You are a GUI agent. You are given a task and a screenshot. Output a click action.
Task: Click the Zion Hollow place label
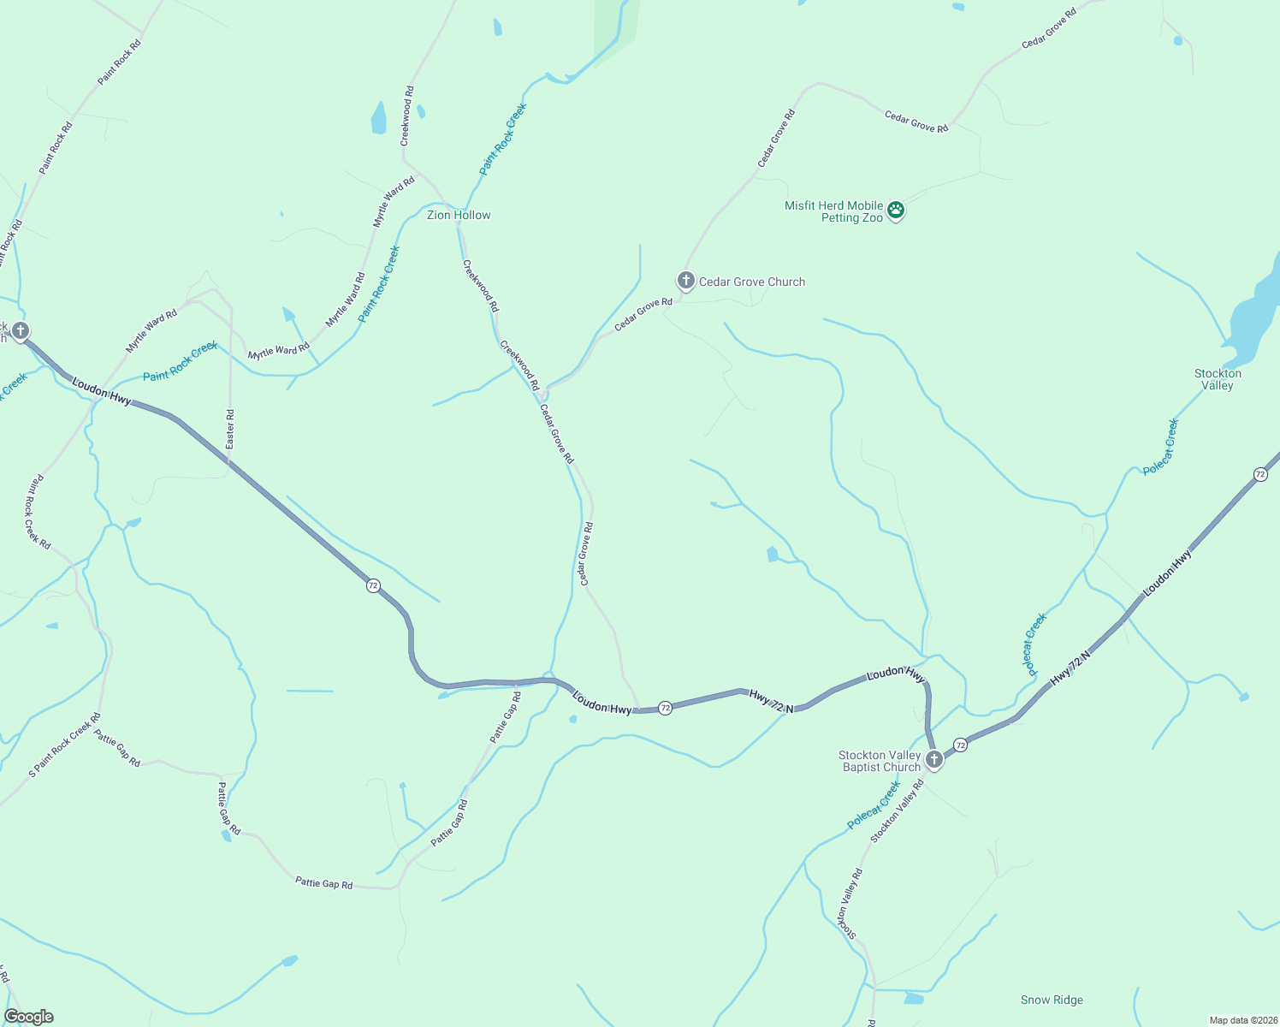click(x=459, y=215)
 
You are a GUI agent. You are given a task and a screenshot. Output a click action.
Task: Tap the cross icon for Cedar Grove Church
click(x=685, y=280)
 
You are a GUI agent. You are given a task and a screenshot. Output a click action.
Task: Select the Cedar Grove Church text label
click(x=752, y=282)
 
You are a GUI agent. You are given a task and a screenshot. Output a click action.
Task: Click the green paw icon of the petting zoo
click(x=896, y=210)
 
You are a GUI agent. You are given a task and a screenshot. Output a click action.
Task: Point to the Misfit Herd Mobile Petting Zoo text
click(x=833, y=211)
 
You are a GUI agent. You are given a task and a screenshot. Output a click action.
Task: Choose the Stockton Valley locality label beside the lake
click(x=1218, y=379)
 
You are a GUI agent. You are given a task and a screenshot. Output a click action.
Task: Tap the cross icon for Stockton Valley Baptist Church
click(x=934, y=759)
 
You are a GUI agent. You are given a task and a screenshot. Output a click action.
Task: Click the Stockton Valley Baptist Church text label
click(x=880, y=761)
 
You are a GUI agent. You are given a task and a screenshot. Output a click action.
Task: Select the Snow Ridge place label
click(x=1052, y=1000)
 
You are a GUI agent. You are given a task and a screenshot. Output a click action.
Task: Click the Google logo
click(x=29, y=1017)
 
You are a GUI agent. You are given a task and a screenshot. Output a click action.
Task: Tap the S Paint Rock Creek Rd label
click(x=65, y=745)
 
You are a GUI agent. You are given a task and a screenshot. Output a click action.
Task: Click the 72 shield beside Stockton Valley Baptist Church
click(x=961, y=745)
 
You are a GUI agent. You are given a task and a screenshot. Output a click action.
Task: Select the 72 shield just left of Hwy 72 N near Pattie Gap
click(x=665, y=708)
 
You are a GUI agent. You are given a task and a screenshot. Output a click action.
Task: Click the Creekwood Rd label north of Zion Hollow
click(x=408, y=116)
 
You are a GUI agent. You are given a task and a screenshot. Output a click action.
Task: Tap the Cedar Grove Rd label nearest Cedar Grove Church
click(x=643, y=314)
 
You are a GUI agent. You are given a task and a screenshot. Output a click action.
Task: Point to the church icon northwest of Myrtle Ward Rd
click(x=21, y=330)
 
